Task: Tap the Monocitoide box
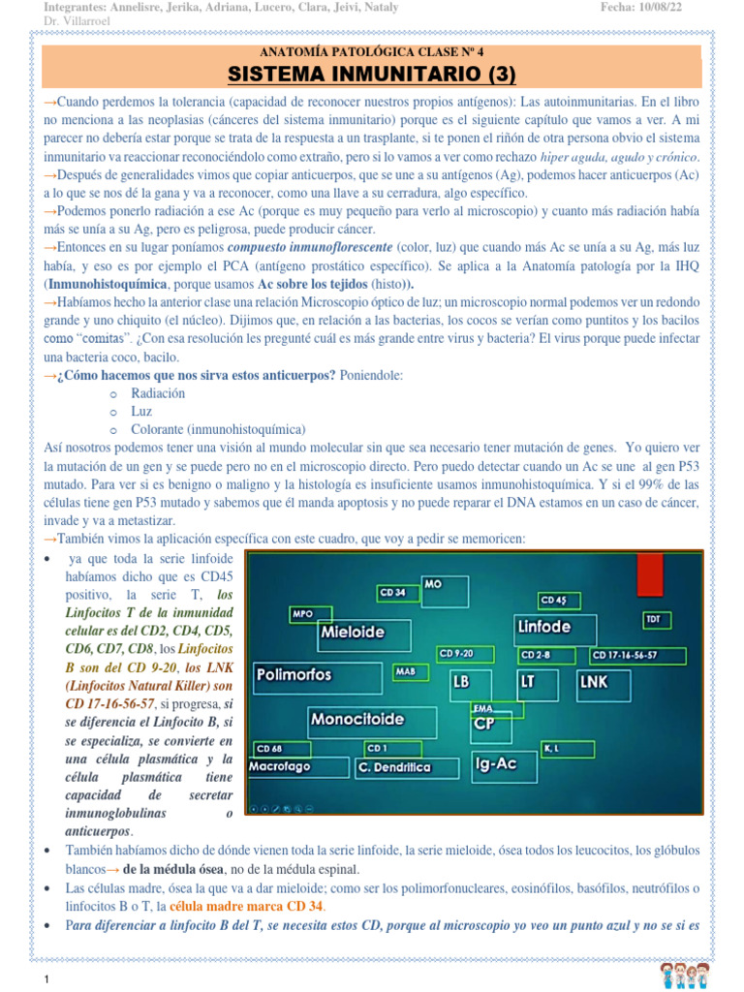356,720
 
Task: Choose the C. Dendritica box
394,767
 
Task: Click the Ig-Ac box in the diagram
494,763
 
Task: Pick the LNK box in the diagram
593,681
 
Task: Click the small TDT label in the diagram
654,617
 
